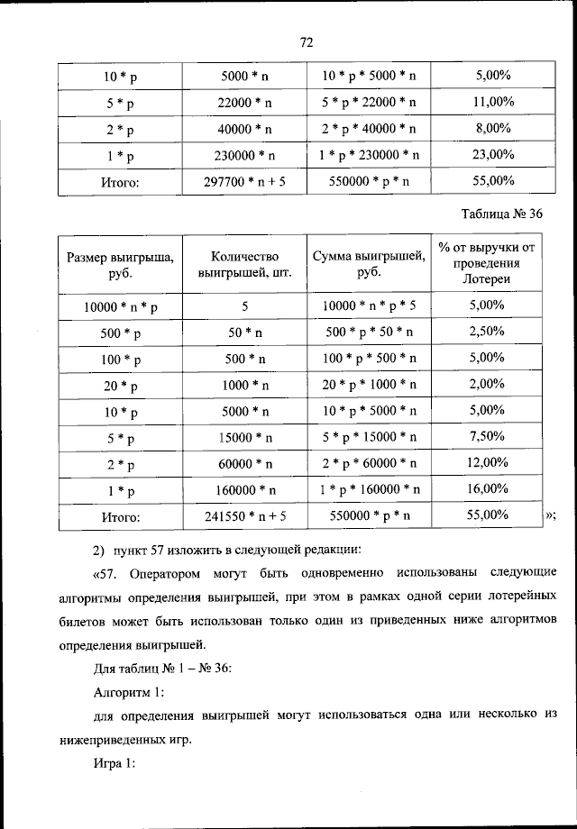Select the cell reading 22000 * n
pyautogui.click(x=244, y=103)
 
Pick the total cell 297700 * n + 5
pyautogui.click(x=244, y=181)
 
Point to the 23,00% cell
pyautogui.click(x=492, y=154)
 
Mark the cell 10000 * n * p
pyautogui.click(x=120, y=306)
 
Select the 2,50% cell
pyautogui.click(x=486, y=332)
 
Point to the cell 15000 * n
pyautogui.click(x=244, y=438)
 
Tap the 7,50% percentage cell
pyautogui.click(x=486, y=436)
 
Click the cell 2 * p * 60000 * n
pyautogui.click(x=369, y=464)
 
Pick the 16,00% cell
pyautogui.click(x=486, y=488)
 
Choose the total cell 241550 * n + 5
pyautogui.click(x=244, y=516)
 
